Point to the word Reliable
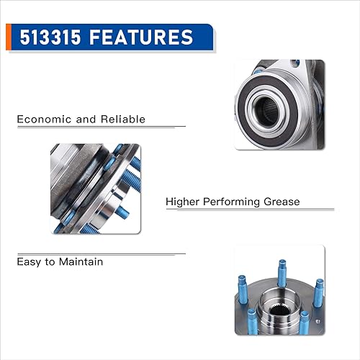(123, 119)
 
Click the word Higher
(184, 202)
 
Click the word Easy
(30, 261)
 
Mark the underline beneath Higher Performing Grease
(250, 210)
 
